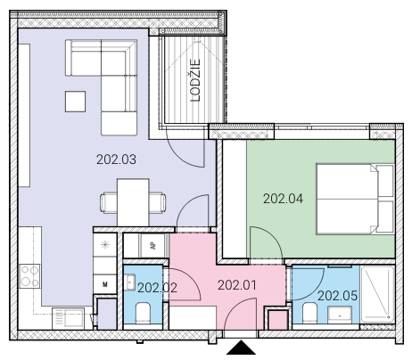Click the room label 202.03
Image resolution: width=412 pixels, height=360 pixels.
pyautogui.click(x=116, y=160)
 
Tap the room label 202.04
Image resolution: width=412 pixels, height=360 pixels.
pyautogui.click(x=283, y=199)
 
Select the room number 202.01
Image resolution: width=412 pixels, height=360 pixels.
pyautogui.click(x=237, y=285)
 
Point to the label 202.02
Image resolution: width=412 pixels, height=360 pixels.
pyautogui.click(x=157, y=288)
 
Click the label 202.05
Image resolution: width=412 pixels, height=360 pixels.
pyautogui.click(x=337, y=296)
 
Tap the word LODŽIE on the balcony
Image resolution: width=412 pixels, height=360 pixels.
pyautogui.click(x=195, y=80)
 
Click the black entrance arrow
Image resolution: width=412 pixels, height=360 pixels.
pyautogui.click(x=241, y=348)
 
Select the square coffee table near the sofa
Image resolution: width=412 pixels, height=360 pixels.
pyautogui.click(x=75, y=102)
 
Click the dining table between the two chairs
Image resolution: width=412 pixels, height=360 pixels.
pyautogui.click(x=133, y=202)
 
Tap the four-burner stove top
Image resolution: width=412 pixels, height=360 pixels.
pyautogui.click(x=29, y=276)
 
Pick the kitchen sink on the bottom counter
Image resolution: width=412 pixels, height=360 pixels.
pyautogui.click(x=68, y=318)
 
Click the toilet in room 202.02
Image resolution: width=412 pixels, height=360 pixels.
pyautogui.click(x=143, y=313)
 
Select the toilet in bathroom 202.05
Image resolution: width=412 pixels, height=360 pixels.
pyautogui.click(x=309, y=313)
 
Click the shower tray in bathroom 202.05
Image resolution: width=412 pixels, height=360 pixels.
pyautogui.click(x=377, y=294)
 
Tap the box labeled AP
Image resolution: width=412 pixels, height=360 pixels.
pyautogui.click(x=152, y=246)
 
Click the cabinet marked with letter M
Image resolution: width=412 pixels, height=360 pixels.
pyautogui.click(x=104, y=284)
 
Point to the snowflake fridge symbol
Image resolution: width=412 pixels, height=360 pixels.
pyautogui.click(x=104, y=245)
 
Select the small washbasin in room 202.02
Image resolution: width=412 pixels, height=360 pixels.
pyautogui.click(x=130, y=282)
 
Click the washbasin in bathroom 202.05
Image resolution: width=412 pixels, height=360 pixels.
pyautogui.click(x=340, y=315)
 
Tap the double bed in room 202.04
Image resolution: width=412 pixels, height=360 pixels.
pyautogui.click(x=355, y=199)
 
